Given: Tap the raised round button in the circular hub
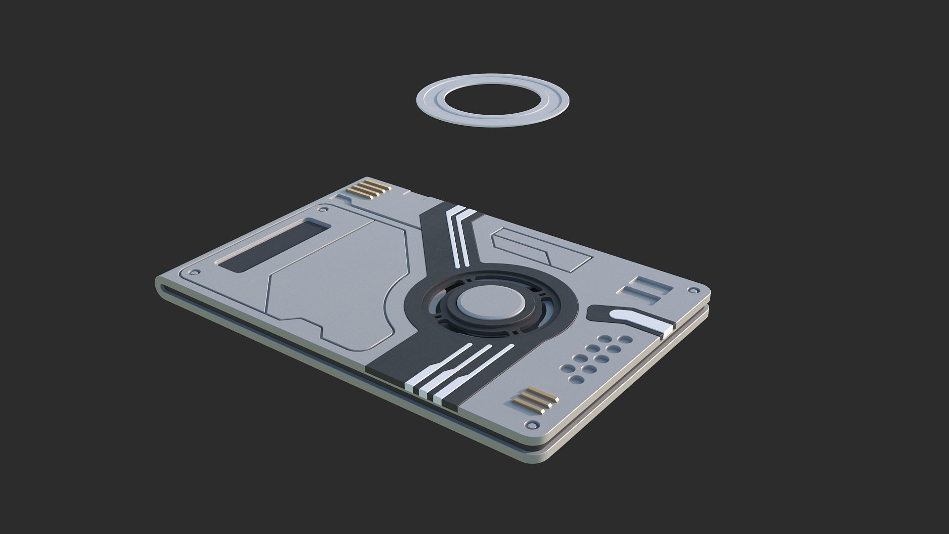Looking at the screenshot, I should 491,302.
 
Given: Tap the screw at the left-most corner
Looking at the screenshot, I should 196,272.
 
